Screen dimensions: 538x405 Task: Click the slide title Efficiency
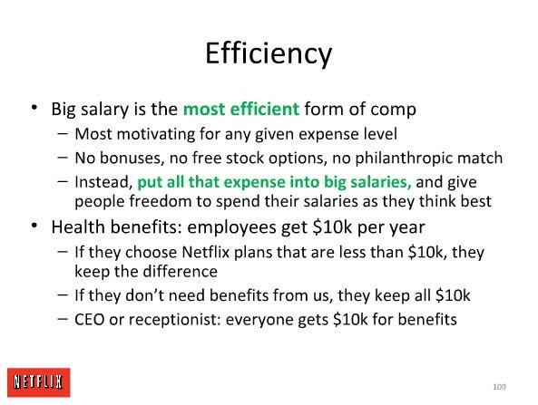269,54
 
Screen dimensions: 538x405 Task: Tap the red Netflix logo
39,382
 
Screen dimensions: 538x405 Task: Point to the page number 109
499,387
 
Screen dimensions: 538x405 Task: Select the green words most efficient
241,109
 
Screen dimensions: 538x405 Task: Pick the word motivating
156,134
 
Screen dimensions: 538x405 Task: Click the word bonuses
130,158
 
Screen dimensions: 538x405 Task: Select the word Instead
103,182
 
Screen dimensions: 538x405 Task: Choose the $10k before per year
332,227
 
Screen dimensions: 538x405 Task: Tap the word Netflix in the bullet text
205,252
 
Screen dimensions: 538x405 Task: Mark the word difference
181,272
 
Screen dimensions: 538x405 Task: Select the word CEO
89,319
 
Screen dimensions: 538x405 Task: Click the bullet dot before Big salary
34,107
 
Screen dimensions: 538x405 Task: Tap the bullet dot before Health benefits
34,225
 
